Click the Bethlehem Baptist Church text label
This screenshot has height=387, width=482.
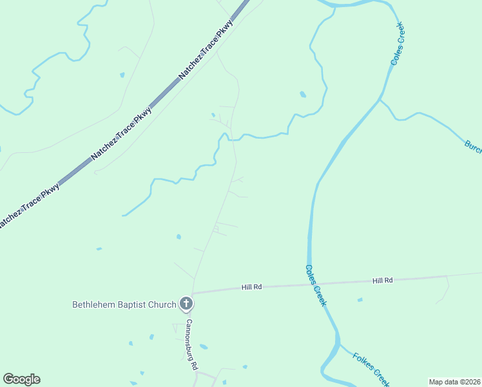[x=124, y=304]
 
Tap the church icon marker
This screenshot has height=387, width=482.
[x=186, y=304]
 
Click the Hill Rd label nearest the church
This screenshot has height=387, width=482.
[x=252, y=286]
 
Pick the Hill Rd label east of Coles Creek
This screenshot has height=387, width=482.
[x=382, y=281]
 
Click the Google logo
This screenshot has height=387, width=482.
[x=21, y=379]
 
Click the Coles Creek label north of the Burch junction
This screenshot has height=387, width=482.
[x=398, y=44]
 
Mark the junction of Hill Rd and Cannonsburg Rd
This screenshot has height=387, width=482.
[x=192, y=293]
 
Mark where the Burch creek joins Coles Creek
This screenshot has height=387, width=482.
[x=380, y=101]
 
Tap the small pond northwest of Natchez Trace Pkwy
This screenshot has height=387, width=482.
[x=122, y=75]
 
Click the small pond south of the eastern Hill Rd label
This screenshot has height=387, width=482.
[x=360, y=299]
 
